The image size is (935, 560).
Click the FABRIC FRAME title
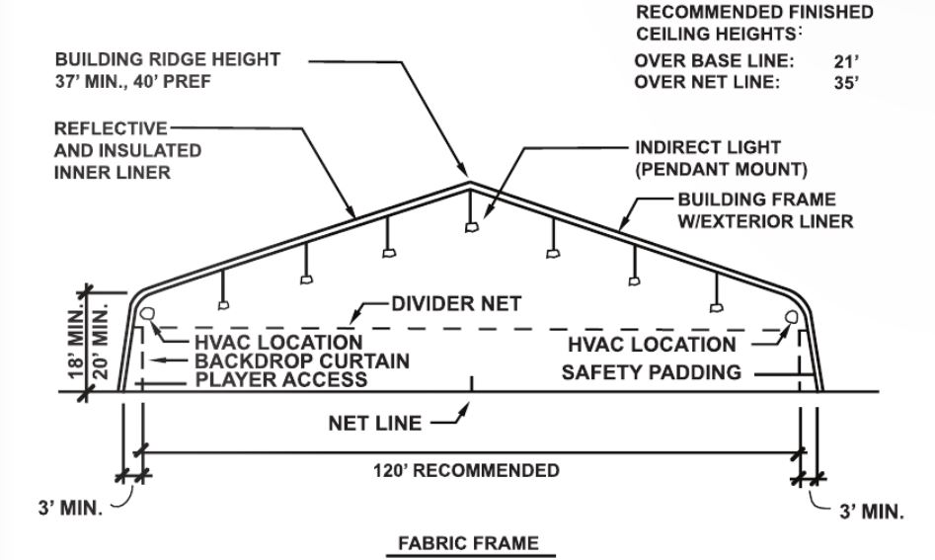[x=468, y=543]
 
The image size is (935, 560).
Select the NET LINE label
[x=374, y=424]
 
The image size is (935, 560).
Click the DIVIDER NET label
[x=456, y=303]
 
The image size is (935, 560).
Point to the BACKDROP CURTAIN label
[x=302, y=360]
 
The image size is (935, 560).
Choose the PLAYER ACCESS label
[x=281, y=379]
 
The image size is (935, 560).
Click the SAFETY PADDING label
[x=652, y=372]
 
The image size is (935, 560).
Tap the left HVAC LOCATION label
[x=278, y=343]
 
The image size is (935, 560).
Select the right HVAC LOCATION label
[x=652, y=345]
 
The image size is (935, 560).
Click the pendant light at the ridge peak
[x=471, y=227]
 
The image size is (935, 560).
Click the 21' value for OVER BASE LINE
[x=846, y=60]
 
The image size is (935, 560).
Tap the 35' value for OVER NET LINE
[x=846, y=83]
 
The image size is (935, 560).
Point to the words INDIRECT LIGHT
[x=707, y=147]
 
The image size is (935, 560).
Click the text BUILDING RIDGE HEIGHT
[x=167, y=59]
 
